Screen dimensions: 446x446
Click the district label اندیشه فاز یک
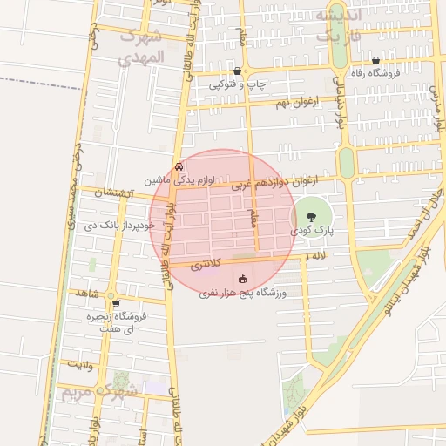[x=335, y=26]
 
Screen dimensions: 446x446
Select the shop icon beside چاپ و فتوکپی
[x=238, y=71]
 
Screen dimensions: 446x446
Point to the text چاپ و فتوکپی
[x=238, y=85]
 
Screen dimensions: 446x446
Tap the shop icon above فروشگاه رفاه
[x=375, y=61]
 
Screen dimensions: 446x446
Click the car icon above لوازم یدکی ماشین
[x=179, y=166]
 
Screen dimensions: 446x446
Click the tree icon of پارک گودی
[x=312, y=217]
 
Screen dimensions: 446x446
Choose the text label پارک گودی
[x=313, y=231]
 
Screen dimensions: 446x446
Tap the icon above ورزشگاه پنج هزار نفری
[x=232, y=280]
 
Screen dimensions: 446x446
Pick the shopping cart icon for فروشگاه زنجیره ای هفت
[x=116, y=304]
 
